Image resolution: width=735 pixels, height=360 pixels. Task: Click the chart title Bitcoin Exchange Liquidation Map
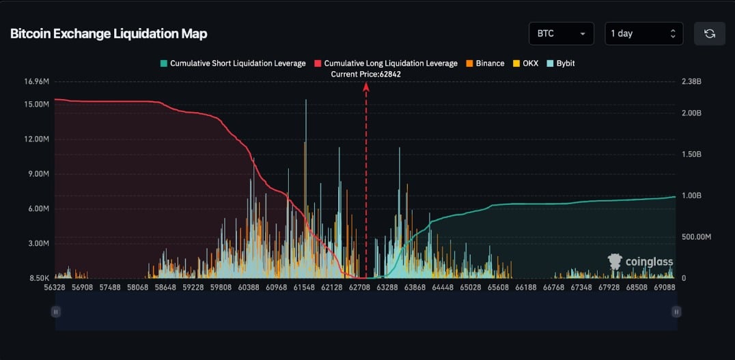point(109,33)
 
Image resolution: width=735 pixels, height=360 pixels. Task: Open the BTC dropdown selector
point(561,33)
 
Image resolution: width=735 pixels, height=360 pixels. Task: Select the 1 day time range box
point(643,33)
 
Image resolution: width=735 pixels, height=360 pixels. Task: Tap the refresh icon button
point(710,33)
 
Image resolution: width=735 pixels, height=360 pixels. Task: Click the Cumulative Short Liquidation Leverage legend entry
point(233,64)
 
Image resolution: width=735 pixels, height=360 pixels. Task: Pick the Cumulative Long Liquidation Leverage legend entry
point(386,64)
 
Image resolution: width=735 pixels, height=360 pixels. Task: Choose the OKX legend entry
point(525,64)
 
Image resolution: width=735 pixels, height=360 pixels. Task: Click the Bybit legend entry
point(561,64)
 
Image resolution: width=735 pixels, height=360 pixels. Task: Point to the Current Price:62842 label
point(365,74)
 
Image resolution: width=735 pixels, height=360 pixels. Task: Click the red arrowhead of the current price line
point(366,86)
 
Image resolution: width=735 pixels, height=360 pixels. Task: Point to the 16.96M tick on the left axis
point(36,81)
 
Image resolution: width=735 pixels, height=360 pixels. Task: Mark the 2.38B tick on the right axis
point(691,81)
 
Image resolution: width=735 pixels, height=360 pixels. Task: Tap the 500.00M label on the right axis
point(696,237)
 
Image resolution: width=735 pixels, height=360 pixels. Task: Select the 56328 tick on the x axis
point(55,287)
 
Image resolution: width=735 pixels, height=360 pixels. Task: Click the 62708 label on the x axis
point(359,287)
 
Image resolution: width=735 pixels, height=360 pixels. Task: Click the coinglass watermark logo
point(640,262)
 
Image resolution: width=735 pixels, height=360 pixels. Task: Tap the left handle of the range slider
point(56,311)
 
